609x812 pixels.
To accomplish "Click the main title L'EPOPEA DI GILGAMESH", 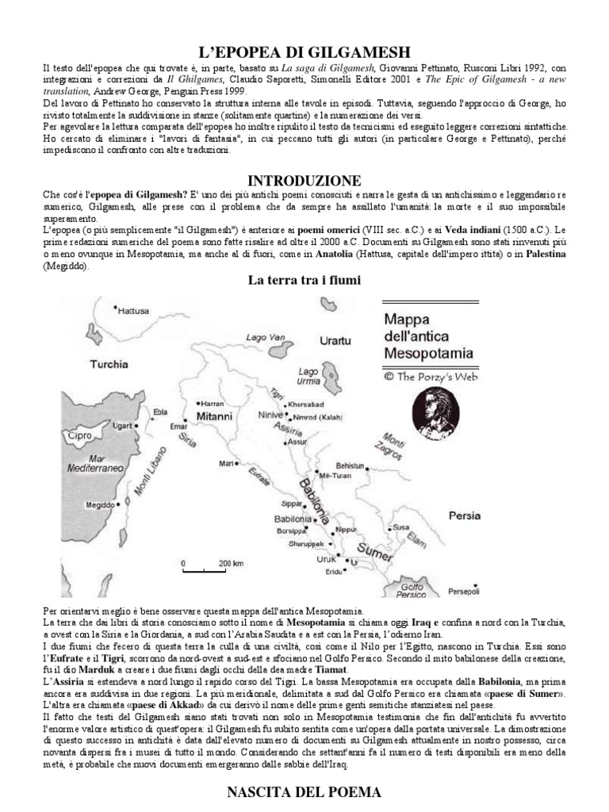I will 304,52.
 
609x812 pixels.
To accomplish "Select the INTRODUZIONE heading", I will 304,180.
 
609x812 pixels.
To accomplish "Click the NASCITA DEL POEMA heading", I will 304,791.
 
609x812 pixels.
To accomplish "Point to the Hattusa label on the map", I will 132,312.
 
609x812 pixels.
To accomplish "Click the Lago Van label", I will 265,337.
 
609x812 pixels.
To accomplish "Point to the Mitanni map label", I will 214,416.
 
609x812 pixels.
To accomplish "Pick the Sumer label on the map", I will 373,549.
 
